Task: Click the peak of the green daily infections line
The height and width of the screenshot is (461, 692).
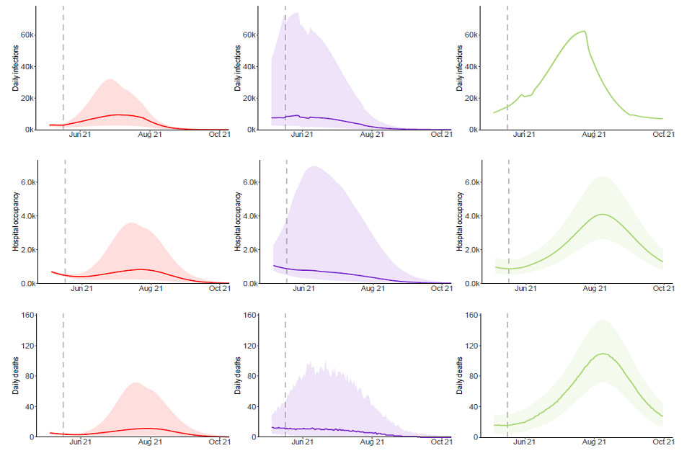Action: coord(584,31)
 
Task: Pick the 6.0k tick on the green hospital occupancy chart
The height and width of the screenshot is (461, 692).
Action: coord(472,182)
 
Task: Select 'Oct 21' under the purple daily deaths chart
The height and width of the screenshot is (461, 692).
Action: coord(441,442)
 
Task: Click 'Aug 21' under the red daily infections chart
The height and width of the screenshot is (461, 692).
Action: coord(150,135)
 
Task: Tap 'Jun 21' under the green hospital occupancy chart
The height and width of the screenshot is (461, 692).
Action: coord(527,288)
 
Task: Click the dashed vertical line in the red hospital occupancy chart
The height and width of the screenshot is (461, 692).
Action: coord(65,216)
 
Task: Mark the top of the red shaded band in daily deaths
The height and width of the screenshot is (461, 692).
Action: coord(136,382)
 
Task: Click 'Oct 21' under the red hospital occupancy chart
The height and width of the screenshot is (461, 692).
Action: coord(219,288)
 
